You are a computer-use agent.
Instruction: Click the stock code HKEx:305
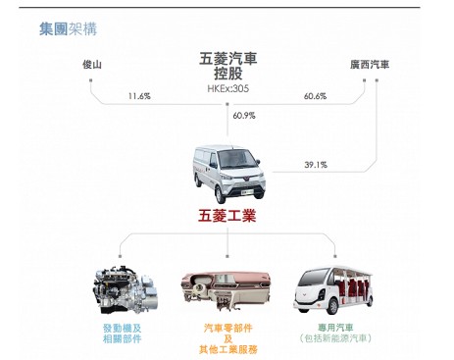(x=227, y=88)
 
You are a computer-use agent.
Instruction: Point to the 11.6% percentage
(x=139, y=96)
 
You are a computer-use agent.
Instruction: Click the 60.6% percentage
(x=315, y=96)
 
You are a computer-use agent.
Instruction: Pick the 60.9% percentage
(x=244, y=116)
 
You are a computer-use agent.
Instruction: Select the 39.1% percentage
(x=315, y=164)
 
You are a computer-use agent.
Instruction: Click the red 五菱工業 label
(x=227, y=216)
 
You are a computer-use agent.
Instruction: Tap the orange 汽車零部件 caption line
(x=227, y=327)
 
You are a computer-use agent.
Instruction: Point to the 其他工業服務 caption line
(x=227, y=349)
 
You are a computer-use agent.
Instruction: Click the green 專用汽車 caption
(x=336, y=327)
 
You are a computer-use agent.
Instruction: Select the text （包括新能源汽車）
(x=336, y=338)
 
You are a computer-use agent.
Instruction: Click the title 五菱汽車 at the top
(x=227, y=59)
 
